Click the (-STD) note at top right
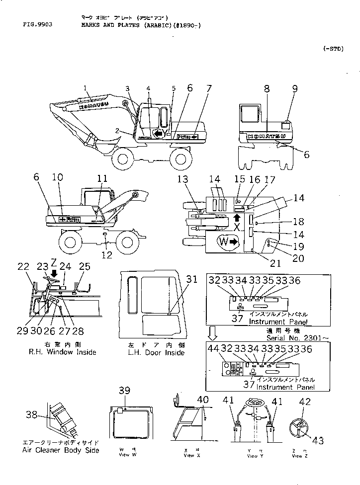pos(333,48)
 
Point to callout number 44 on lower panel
pos(214,350)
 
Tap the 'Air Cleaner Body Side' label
pos(60,450)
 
